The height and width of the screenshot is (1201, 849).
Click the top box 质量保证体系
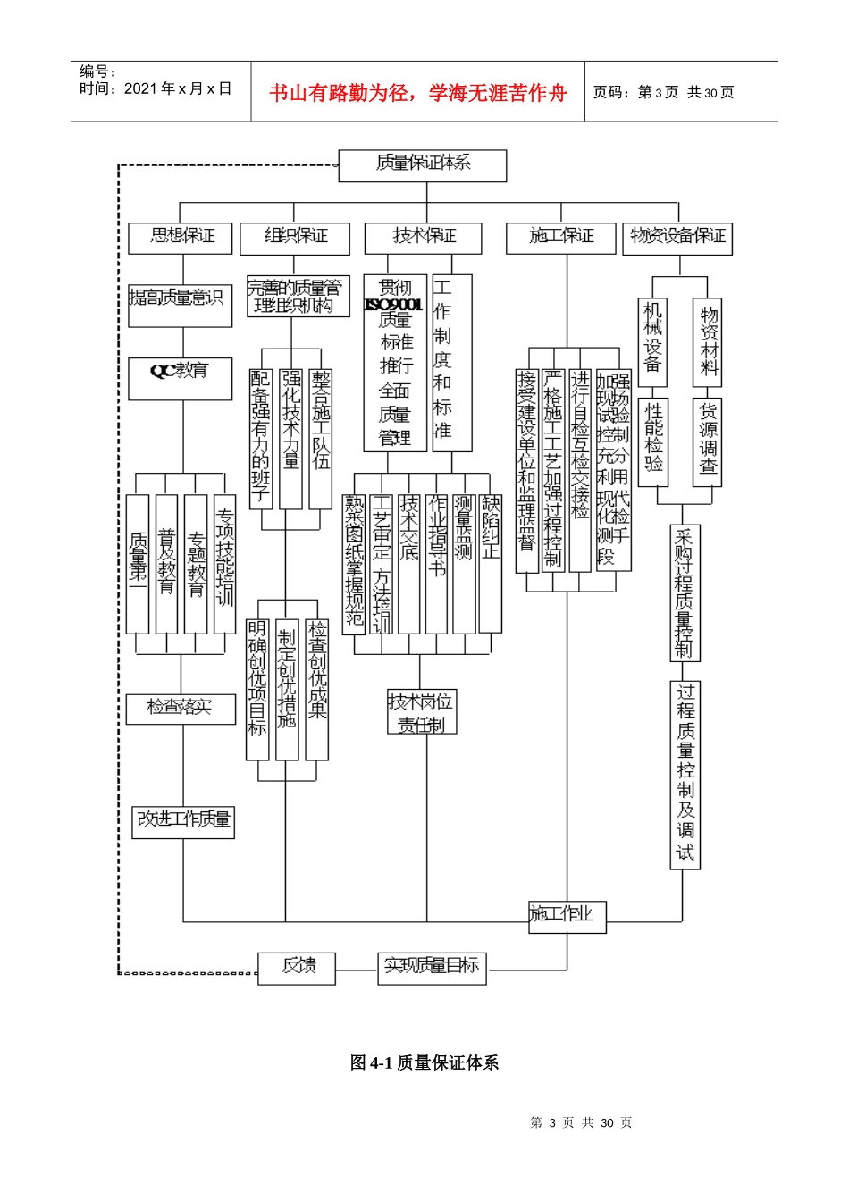422,165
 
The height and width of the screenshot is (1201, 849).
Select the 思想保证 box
181,238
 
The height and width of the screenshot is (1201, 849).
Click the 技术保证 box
423,238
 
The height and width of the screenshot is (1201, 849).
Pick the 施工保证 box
560,238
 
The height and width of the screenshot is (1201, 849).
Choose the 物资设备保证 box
677,238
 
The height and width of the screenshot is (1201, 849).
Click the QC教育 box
180,379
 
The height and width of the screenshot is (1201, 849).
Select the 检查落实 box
181,709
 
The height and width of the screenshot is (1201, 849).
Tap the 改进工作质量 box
184,821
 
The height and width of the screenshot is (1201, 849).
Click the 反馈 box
297,968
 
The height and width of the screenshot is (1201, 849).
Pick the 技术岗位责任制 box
422,712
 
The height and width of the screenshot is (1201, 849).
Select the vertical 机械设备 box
653,337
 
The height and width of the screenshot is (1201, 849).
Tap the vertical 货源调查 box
707,440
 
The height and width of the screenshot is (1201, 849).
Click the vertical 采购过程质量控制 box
685,592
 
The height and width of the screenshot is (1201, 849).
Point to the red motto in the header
418,93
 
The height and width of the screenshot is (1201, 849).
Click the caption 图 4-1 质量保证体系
424,1062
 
